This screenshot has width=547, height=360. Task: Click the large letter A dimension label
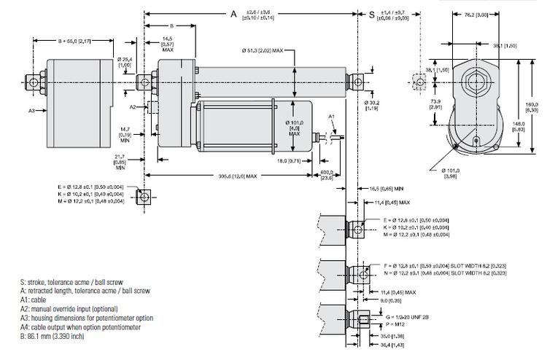tap(234, 14)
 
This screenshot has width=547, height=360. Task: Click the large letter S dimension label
tap(371, 14)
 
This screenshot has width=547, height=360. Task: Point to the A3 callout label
tap(31, 111)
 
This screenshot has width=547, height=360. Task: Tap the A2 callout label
tap(132, 107)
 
